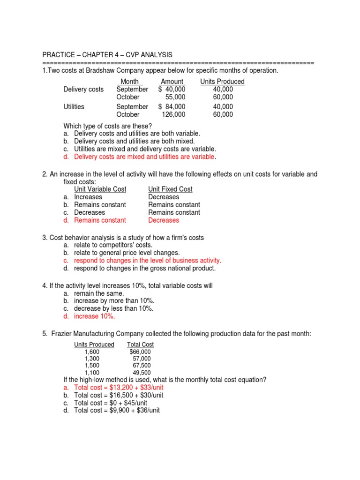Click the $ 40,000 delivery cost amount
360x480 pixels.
pos(172,89)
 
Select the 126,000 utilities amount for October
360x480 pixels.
pos(173,114)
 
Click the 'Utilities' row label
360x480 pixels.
pos(74,107)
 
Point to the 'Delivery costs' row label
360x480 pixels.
pos(83,89)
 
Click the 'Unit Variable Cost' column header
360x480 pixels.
pos(101,189)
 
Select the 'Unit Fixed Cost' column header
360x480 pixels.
pos(170,189)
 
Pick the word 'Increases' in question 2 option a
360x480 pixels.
pos(88,197)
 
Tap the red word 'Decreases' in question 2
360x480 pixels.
pos(164,220)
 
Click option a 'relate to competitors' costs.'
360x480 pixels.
pos(113,245)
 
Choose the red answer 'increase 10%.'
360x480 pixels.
pos(94,316)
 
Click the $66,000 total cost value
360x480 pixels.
pos(140,352)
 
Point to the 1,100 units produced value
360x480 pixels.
pos(92,373)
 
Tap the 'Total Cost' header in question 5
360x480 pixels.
pos(141,345)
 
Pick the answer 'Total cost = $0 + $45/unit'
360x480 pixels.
pos(111,403)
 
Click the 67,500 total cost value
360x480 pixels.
pos(142,366)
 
